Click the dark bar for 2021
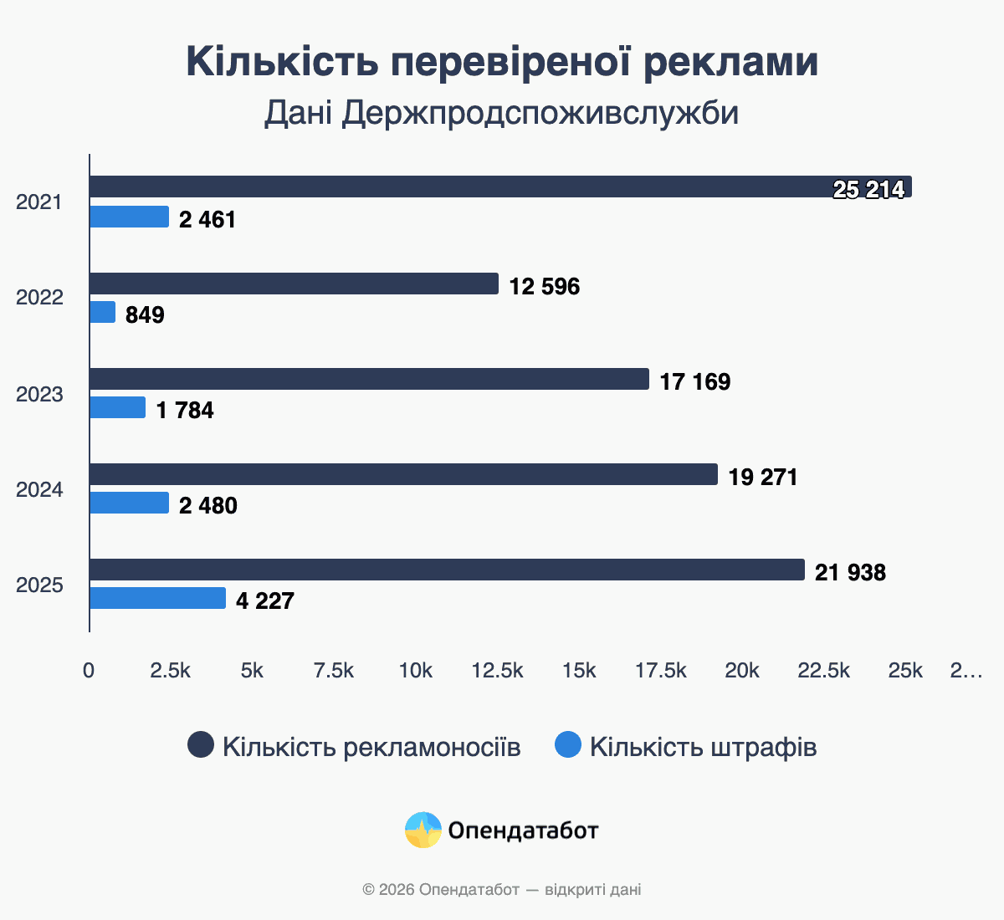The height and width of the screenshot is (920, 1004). tap(500, 187)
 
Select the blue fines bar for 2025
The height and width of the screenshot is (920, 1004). tap(157, 598)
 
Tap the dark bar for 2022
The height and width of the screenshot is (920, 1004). tap(294, 284)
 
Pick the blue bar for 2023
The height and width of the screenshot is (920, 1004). tap(117, 407)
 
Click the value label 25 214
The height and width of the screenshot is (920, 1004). tap(868, 190)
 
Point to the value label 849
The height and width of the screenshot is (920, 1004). tap(145, 315)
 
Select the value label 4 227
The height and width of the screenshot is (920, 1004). tap(264, 601)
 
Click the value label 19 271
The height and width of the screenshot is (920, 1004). tap(763, 478)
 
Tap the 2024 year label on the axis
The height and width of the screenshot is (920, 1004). tap(39, 489)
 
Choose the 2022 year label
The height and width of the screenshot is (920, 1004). tap(39, 298)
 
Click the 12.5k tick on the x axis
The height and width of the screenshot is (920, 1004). tap(497, 671)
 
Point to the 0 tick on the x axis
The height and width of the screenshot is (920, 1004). tap(89, 671)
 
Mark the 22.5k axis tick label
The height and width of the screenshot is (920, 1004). tap(823, 671)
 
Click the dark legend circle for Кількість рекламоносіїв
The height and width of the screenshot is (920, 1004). tap(201, 744)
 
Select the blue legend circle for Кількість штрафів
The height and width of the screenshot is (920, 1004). tap(568, 744)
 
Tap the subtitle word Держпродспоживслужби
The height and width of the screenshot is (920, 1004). tap(540, 113)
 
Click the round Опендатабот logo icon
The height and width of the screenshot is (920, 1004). tap(423, 830)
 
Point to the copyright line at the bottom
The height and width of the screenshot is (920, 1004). tap(502, 889)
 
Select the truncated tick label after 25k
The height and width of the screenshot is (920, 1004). tap(966, 671)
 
